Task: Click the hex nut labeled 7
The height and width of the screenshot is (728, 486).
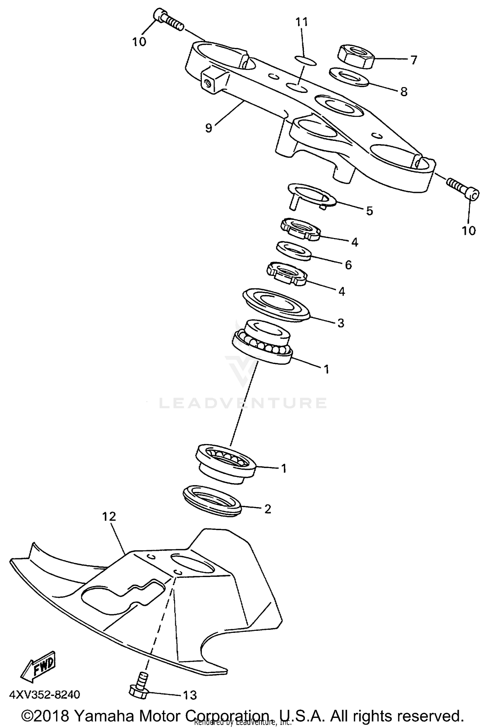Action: pyautogui.click(x=356, y=56)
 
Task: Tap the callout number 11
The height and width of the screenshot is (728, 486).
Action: pyautogui.click(x=302, y=22)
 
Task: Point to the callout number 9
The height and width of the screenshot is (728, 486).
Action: pyautogui.click(x=209, y=128)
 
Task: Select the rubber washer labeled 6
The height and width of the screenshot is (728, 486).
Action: pyautogui.click(x=294, y=250)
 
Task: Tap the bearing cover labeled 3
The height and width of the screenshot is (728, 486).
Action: pyautogui.click(x=276, y=304)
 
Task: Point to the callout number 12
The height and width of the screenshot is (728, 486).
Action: pyautogui.click(x=109, y=516)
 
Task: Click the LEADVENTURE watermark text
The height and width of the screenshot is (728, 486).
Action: pyautogui.click(x=243, y=403)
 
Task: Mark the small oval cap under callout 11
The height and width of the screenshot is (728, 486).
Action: pyautogui.click(x=306, y=61)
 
